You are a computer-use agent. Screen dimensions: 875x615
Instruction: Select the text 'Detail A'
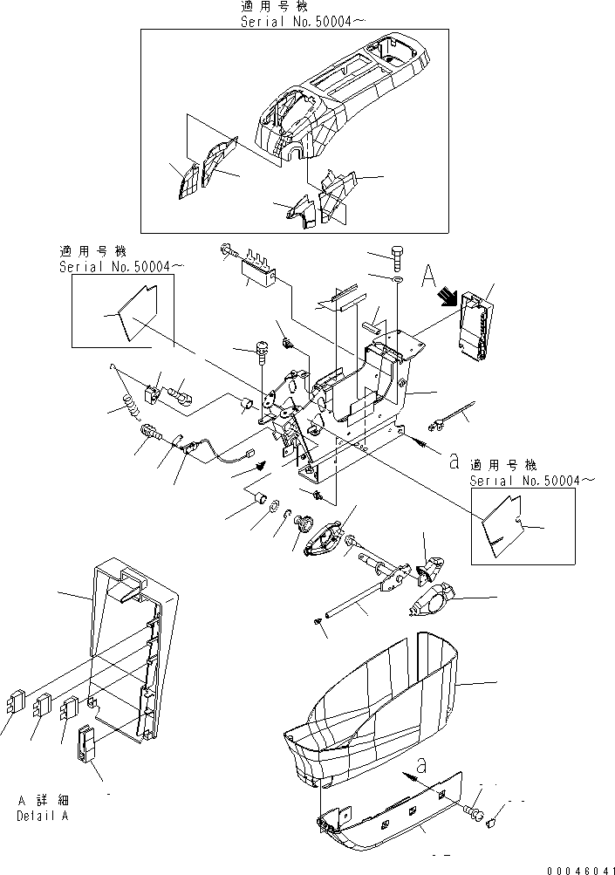pos(41,816)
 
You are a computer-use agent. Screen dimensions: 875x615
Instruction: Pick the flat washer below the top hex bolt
pos(397,282)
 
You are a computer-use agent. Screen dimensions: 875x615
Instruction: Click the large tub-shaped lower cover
pos(375,707)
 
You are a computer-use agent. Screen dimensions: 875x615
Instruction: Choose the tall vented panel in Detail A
pos(131,646)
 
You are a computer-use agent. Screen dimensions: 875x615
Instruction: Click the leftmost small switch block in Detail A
pos(15,702)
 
